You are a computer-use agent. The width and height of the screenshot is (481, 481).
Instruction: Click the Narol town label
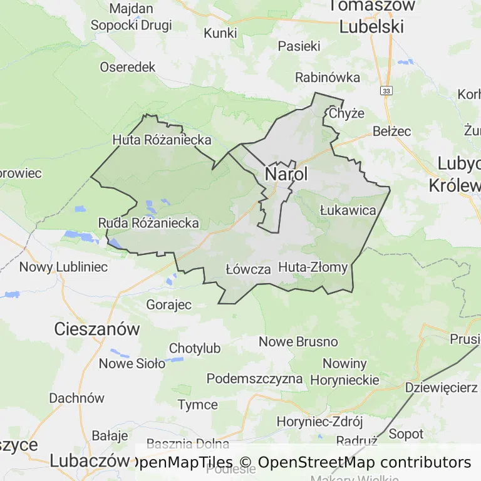[x=287, y=174]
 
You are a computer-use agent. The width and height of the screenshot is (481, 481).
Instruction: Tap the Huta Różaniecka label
[x=162, y=140]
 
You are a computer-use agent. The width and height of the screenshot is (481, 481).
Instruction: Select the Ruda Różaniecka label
[x=148, y=223]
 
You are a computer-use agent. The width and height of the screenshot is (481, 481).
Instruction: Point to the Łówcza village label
[x=247, y=269]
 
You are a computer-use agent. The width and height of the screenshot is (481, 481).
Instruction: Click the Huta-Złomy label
[x=313, y=267]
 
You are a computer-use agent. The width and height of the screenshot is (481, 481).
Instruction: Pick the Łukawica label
[x=348, y=210]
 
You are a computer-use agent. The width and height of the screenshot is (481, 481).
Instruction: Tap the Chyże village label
[x=346, y=113]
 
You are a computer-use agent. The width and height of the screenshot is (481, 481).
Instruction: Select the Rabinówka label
[x=328, y=77]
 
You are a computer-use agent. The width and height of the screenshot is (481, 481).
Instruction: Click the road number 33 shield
[x=386, y=91]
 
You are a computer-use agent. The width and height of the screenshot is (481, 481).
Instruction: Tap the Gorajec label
[x=168, y=304]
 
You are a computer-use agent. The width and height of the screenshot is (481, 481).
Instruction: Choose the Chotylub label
[x=195, y=348]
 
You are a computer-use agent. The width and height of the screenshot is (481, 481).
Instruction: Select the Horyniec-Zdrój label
[x=319, y=422]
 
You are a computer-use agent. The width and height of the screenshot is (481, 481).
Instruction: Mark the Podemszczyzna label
[x=254, y=379]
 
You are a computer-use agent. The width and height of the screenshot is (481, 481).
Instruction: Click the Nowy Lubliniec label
[x=63, y=267]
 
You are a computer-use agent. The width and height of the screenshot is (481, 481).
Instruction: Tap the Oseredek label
[x=127, y=67]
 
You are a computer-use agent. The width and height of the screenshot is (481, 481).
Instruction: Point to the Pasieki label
[x=299, y=46]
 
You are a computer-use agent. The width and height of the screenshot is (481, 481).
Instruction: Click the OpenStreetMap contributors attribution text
[x=364, y=462]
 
